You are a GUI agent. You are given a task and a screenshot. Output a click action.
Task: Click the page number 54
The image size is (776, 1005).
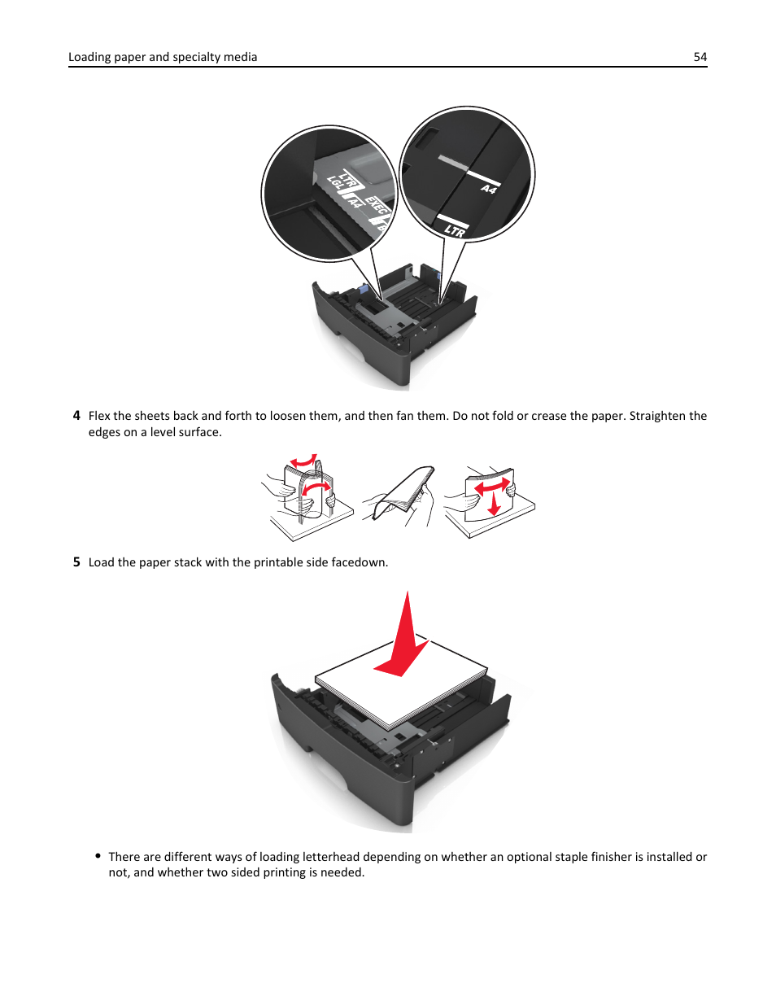click(700, 57)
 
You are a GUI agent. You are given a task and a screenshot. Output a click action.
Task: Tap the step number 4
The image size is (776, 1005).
click(76, 415)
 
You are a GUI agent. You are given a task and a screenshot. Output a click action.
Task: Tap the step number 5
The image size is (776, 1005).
click(76, 562)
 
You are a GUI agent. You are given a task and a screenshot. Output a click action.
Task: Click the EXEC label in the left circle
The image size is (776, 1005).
click(376, 205)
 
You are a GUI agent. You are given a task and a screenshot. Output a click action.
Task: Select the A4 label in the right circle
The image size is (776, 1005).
click(489, 189)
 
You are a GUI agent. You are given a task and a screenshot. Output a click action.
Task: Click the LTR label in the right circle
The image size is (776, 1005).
click(455, 229)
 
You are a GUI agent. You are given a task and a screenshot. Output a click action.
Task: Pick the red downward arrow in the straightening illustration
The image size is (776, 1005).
click(494, 503)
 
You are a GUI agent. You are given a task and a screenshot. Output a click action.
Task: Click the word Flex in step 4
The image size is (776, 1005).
click(99, 415)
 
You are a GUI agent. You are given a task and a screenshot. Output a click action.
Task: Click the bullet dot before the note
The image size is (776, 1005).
click(98, 856)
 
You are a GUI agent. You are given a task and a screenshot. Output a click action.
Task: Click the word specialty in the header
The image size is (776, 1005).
click(196, 57)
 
